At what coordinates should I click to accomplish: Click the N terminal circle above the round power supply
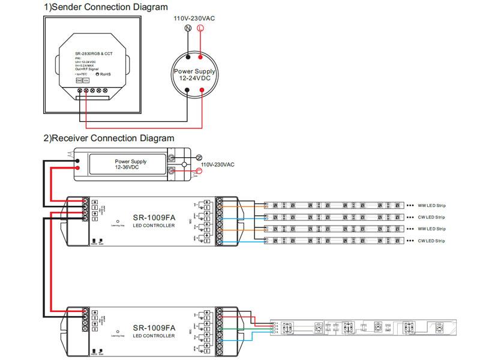187,28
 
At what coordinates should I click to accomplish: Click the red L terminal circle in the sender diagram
200,28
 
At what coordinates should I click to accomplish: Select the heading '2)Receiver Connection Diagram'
109,138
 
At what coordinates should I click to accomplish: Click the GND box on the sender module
79,80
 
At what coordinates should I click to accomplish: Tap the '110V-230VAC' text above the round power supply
194,18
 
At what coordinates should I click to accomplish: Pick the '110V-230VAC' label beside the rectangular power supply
217,164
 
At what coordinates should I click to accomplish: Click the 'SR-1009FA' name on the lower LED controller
154,328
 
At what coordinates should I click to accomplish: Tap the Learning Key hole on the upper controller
118,220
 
